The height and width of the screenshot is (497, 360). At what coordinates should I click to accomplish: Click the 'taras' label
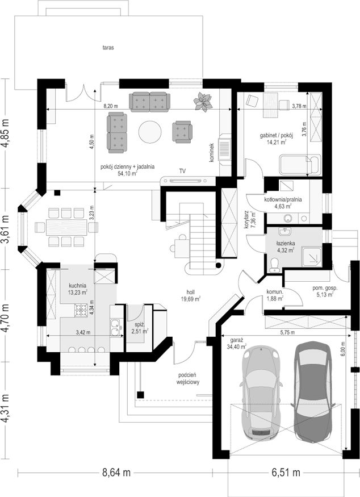tap(108, 48)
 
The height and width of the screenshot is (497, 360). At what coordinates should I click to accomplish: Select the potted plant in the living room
tap(203, 102)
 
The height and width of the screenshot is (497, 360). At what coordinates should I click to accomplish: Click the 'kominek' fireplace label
tap(212, 153)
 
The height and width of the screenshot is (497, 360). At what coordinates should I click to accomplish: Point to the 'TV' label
tap(182, 171)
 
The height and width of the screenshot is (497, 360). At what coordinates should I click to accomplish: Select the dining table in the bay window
tap(66, 227)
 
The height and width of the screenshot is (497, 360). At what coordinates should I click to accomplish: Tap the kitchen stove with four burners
tap(81, 310)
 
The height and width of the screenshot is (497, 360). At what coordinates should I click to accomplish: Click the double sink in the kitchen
tap(116, 328)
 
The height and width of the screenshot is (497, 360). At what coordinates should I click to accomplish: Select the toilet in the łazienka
tap(274, 265)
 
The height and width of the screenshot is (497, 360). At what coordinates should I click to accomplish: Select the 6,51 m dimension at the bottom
tap(286, 472)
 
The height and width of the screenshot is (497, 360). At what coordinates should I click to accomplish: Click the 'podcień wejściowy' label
tap(188, 379)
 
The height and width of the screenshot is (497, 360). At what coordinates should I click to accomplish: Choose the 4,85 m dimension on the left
tap(6, 133)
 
